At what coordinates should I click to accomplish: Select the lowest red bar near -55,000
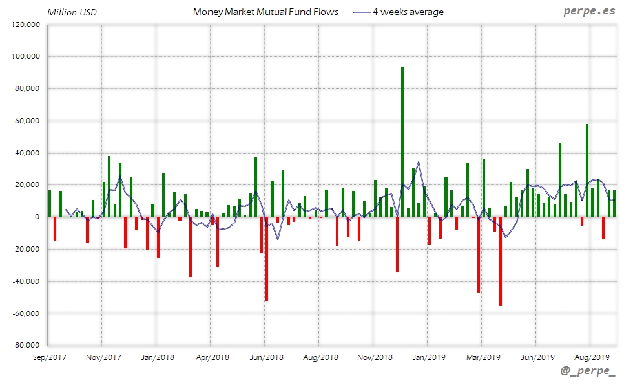click(500, 261)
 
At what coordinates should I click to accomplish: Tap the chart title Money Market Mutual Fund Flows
click(265, 12)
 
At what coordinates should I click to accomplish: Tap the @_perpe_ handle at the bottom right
click(588, 373)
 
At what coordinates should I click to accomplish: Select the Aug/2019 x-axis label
click(592, 357)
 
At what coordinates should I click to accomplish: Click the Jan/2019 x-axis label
click(429, 357)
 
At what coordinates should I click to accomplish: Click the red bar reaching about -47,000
click(479, 255)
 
